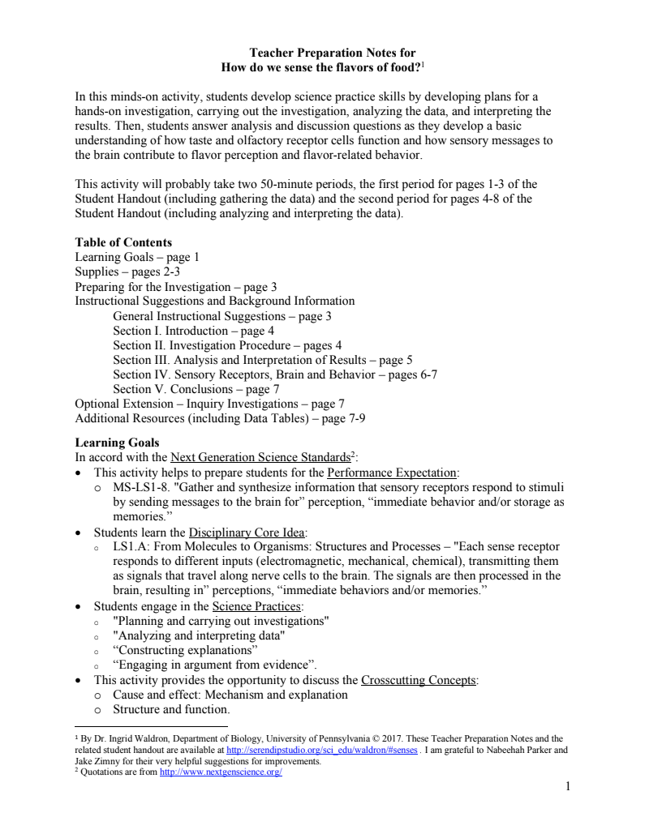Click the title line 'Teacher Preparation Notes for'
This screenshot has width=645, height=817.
(321, 53)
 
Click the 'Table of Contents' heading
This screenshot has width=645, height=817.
(123, 242)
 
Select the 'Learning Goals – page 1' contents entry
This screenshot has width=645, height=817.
(137, 257)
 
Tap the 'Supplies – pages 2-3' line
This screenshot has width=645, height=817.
(127, 272)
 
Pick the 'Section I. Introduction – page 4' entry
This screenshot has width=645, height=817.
(193, 331)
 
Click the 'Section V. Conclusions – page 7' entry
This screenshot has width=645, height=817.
(193, 389)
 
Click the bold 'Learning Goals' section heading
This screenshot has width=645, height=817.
(117, 443)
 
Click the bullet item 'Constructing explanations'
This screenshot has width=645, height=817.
(185, 650)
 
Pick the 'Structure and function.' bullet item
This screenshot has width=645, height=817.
(171, 709)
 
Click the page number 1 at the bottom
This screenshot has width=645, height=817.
(568, 787)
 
